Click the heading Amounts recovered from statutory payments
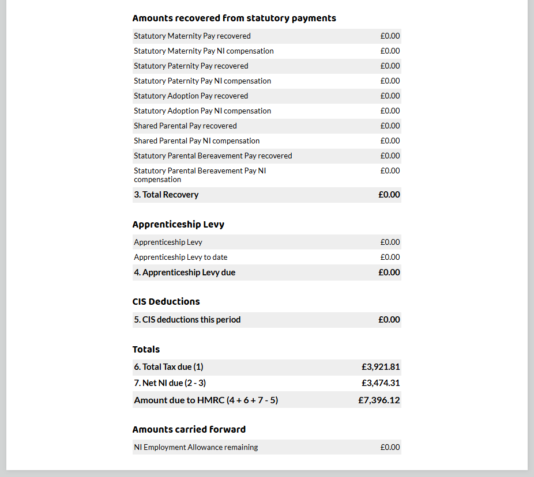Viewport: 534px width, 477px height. [x=234, y=18]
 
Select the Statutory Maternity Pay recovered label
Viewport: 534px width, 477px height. [x=192, y=36]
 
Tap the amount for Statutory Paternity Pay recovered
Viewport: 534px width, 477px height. [x=390, y=66]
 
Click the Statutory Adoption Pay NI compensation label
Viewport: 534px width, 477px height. [x=202, y=111]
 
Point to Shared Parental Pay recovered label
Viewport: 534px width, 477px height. [x=185, y=126]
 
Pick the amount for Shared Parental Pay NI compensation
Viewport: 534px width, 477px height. [x=390, y=141]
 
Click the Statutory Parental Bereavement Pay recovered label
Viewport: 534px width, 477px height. [x=213, y=156]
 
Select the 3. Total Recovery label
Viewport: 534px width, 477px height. [x=166, y=195]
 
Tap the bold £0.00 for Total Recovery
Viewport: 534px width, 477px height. [x=389, y=195]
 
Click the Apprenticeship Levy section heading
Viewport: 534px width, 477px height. [x=178, y=224]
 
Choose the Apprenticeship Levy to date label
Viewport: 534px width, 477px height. [x=185, y=258]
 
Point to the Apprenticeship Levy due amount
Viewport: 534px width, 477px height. [x=389, y=272]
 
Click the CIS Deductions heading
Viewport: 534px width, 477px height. [x=166, y=301]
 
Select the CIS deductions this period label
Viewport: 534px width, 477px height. [x=187, y=320]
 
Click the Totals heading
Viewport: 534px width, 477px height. [x=146, y=349]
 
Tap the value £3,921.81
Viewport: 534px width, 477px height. [x=381, y=367]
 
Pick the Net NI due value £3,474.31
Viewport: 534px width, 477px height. [x=381, y=383]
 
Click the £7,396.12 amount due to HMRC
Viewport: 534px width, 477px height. [x=379, y=400]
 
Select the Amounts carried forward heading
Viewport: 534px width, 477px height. [x=189, y=429]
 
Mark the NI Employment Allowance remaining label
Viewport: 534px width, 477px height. [x=196, y=448]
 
